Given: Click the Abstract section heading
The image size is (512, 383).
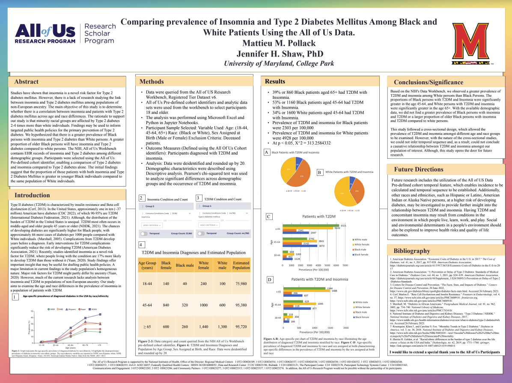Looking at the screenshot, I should tap(27, 82).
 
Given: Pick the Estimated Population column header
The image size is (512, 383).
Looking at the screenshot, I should tap(241, 265).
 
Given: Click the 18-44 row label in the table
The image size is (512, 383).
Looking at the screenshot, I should tap(147, 283).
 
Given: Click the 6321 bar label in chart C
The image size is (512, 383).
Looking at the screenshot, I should tap(343, 225).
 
